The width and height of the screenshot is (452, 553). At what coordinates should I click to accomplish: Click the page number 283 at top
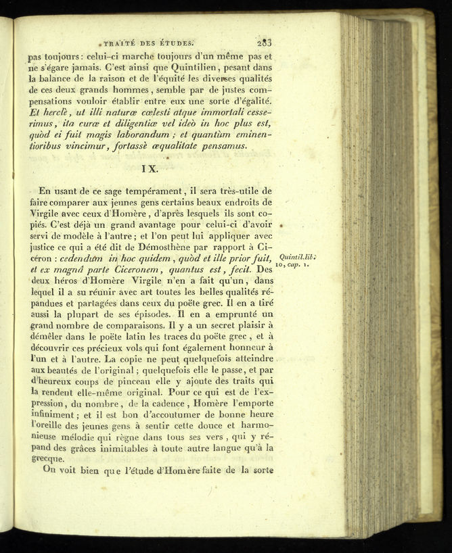(260, 40)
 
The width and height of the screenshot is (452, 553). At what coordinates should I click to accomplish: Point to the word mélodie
(84, 433)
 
